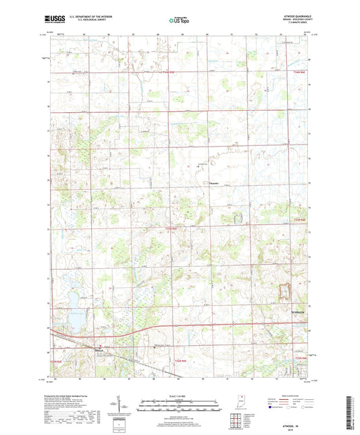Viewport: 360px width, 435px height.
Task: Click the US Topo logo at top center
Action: coord(179,20)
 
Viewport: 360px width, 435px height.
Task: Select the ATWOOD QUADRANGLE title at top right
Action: coord(291,17)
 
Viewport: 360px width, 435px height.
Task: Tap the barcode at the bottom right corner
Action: coord(349,413)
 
